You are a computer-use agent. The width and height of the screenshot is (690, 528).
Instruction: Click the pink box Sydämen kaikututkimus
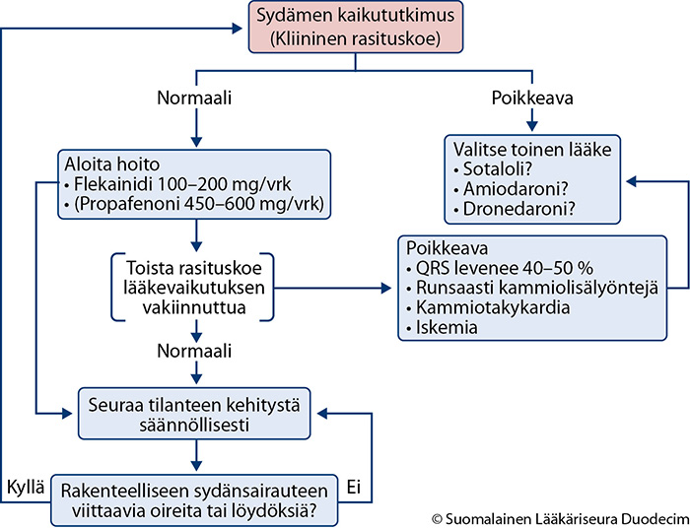pyautogui.click(x=356, y=28)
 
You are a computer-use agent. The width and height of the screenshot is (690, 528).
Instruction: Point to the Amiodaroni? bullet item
pyautogui.click(x=511, y=189)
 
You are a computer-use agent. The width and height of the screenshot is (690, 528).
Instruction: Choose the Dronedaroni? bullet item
pyautogui.click(x=514, y=209)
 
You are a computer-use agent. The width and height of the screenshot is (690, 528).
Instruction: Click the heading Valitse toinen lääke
pyautogui.click(x=532, y=150)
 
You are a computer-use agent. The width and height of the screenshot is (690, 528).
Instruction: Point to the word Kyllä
pyautogui.click(x=26, y=487)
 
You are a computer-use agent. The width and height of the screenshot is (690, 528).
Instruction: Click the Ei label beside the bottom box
pyautogui.click(x=354, y=487)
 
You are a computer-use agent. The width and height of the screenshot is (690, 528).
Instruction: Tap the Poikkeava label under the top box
pyautogui.click(x=532, y=99)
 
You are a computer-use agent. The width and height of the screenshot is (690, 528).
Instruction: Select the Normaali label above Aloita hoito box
pyautogui.click(x=194, y=99)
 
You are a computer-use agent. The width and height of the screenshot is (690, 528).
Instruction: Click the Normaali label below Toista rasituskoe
pyautogui.click(x=194, y=351)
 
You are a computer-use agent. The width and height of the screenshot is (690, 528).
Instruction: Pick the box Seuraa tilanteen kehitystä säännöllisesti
pyautogui.click(x=194, y=414)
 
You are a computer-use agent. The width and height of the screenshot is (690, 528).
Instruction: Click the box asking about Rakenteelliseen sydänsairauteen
pyautogui.click(x=194, y=500)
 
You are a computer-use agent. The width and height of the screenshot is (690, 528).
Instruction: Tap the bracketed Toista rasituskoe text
pyautogui.click(x=194, y=288)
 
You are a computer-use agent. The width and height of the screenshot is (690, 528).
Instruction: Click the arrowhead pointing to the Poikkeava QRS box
pyautogui.click(x=385, y=289)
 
